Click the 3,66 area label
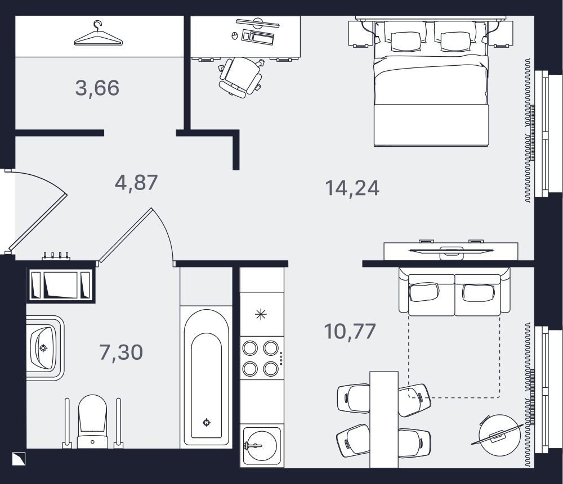pyautogui.click(x=97, y=88)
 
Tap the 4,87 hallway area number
pyautogui.click(x=136, y=183)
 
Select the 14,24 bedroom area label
pyautogui.click(x=352, y=188)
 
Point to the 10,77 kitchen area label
pyautogui.click(x=350, y=331)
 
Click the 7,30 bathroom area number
pyautogui.click(x=121, y=352)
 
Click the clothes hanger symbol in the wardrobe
pyautogui.click(x=98, y=34)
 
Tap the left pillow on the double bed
pyautogui.click(x=406, y=41)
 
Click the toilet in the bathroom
pyautogui.click(x=93, y=422)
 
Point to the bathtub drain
pyautogui.click(x=207, y=422)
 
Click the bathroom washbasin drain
pyautogui.click(x=43, y=348)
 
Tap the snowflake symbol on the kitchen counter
pyautogui.click(x=261, y=315)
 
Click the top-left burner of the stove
pyautogui.click(x=250, y=347)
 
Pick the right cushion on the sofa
pyautogui.click(x=478, y=292)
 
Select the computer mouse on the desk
pyautogui.click(x=234, y=35)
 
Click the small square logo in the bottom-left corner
pyautogui.click(x=19, y=459)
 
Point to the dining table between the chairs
pyautogui.click(x=384, y=419)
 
